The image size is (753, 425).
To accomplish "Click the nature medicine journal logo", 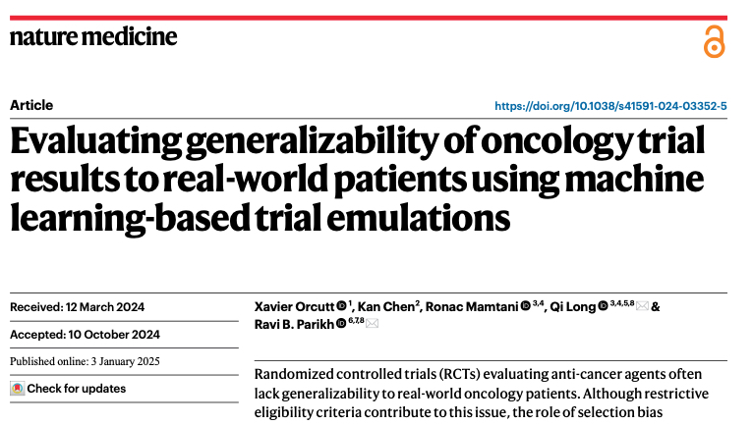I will pos(93,37).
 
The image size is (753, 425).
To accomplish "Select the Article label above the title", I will pos(31,105).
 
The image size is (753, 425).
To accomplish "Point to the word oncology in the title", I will pos(546,141).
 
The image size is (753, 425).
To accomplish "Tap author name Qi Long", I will pos(573,307).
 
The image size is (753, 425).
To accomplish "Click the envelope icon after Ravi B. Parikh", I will pos(372,325).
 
